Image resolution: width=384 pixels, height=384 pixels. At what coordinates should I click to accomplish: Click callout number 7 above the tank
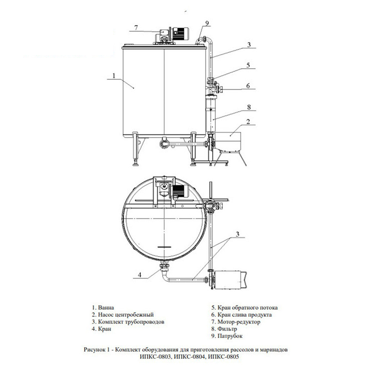click(136, 28)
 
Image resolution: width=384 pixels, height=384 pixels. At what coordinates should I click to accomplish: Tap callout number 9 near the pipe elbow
click(207, 23)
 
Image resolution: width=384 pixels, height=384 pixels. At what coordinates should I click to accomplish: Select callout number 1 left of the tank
click(114, 76)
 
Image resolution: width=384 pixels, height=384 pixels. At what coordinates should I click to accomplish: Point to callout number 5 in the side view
click(248, 65)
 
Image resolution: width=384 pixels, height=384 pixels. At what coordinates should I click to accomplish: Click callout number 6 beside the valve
click(248, 86)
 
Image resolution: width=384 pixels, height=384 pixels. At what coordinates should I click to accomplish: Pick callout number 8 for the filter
click(249, 107)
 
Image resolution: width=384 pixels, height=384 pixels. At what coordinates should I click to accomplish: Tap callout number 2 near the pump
click(248, 122)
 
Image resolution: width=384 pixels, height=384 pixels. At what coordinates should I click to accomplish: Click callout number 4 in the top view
click(139, 275)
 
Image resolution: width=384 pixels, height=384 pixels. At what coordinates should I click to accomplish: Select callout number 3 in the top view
click(237, 234)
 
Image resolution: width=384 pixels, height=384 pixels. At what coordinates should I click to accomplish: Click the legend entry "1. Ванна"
click(103, 307)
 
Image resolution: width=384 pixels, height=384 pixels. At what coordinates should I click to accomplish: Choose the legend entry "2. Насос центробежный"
click(123, 314)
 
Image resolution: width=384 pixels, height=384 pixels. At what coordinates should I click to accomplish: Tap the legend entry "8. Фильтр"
click(224, 329)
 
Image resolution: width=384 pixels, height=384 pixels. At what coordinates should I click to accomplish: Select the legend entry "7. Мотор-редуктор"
click(235, 322)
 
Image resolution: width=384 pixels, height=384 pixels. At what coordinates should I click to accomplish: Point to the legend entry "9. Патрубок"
click(227, 336)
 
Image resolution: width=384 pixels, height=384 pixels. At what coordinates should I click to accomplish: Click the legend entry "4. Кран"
click(101, 329)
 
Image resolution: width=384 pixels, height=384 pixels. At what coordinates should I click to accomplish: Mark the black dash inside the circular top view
click(164, 247)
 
